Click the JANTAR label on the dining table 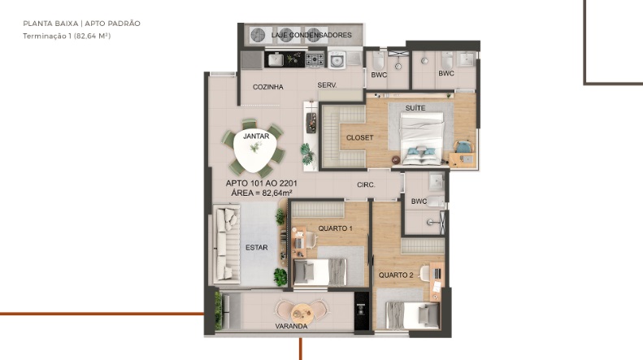tap(256, 137)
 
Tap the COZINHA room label tap(267, 87)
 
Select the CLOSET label tap(359, 138)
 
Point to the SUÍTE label tap(415, 108)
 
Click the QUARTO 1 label tap(335, 228)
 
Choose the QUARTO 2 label tap(396, 275)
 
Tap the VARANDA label tap(291, 327)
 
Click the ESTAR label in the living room tap(256, 248)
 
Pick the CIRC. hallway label tap(366, 185)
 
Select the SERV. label tap(327, 85)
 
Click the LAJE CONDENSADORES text tap(311, 35)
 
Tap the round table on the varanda tap(302, 314)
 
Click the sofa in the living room tap(227, 245)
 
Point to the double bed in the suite tap(422, 139)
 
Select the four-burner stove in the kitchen tap(315, 60)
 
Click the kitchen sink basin tap(276, 60)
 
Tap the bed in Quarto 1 tap(320, 272)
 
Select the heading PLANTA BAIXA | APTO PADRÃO tap(81, 24)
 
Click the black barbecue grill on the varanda tap(361, 310)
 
